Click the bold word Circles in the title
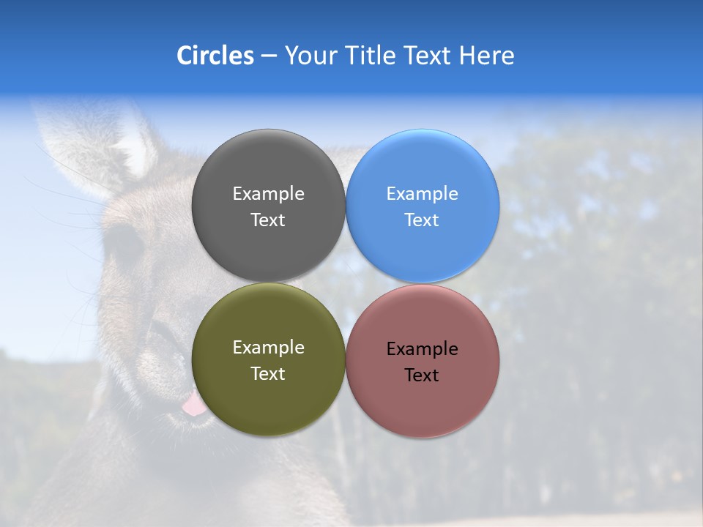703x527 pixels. [215, 56]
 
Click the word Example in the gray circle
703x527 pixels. [268, 194]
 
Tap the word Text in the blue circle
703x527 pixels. [422, 220]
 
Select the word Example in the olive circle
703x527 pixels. [268, 348]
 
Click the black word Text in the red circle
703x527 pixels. [422, 375]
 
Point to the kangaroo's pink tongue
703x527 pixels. [194, 405]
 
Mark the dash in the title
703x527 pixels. [269, 56]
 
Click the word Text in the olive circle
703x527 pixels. [268, 374]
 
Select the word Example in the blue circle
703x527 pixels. [422, 194]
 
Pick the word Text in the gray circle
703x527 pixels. [268, 220]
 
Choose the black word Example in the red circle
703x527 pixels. [422, 349]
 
